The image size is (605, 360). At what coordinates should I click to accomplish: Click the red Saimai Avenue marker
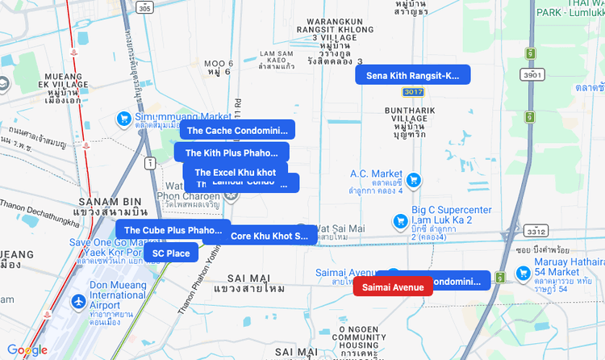pyautogui.click(x=393, y=287)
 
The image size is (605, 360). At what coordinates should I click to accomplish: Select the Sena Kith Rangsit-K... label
pyautogui.click(x=412, y=75)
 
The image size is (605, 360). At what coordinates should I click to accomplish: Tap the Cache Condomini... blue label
pyautogui.click(x=237, y=130)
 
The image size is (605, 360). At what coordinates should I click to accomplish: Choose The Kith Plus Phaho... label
pyautogui.click(x=231, y=153)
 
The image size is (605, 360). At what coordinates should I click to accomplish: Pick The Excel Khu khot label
pyautogui.click(x=235, y=172)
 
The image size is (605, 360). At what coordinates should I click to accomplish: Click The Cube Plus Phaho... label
pyautogui.click(x=173, y=230)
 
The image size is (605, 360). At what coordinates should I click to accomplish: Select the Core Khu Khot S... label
pyautogui.click(x=269, y=236)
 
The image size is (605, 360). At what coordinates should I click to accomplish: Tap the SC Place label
pyautogui.click(x=171, y=253)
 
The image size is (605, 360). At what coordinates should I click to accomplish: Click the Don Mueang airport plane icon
pyautogui.click(x=78, y=302)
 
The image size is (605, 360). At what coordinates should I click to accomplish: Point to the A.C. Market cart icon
pyautogui.click(x=413, y=179)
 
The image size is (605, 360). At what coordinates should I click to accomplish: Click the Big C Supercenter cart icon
pyautogui.click(x=398, y=220)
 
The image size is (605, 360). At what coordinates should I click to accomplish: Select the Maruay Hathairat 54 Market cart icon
pyautogui.click(x=501, y=276)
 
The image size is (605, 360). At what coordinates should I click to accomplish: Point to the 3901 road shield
pyautogui.click(x=532, y=74)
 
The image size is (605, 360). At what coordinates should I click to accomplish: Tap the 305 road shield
pyautogui.click(x=144, y=7)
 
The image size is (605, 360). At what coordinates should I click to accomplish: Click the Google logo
pyautogui.click(x=27, y=350)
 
